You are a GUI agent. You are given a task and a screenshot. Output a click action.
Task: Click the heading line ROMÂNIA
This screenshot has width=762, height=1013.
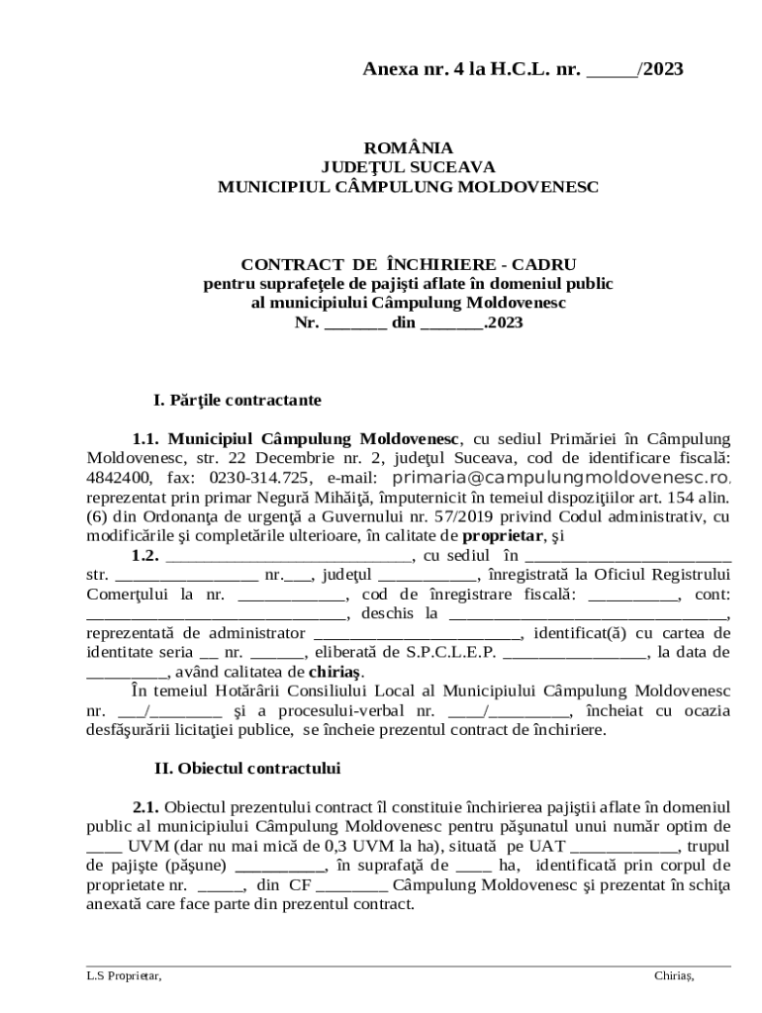pos(408,147)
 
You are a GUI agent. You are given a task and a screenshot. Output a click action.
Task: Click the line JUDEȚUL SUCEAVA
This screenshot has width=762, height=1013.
pos(408,166)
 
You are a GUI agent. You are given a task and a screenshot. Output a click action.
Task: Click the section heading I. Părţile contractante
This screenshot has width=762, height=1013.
pos(237,402)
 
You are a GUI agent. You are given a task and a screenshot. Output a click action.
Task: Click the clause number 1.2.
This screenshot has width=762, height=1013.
pos(145,555)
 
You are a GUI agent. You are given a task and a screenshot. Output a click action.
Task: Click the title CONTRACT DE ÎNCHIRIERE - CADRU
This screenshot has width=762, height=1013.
pos(408,264)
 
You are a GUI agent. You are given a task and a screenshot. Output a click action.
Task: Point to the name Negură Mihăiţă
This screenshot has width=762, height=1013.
pos(265,498)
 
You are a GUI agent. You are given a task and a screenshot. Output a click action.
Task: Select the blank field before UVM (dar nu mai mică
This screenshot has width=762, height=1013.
pos(100,846)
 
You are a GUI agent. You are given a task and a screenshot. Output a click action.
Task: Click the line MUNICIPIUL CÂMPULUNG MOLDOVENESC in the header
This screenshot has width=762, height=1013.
pos(408,186)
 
